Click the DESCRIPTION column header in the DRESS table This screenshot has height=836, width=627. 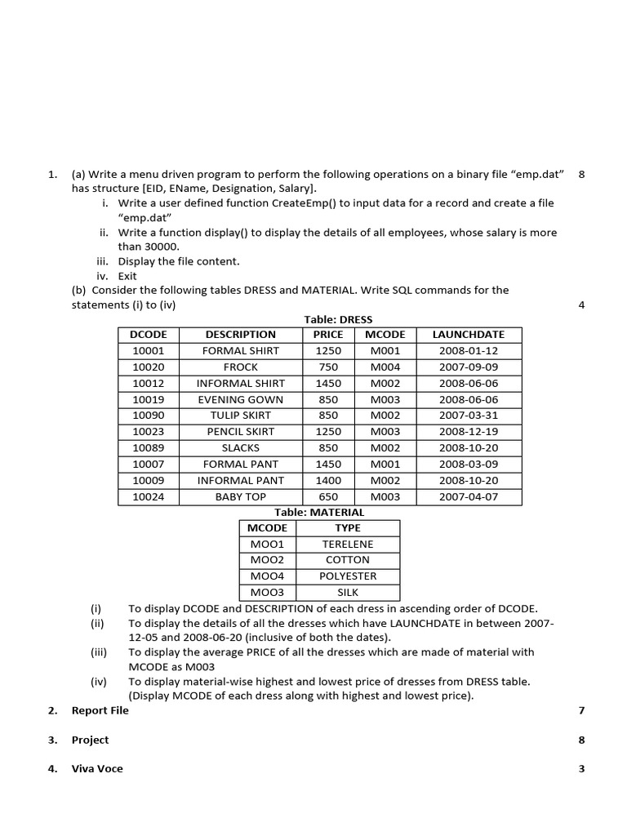240,335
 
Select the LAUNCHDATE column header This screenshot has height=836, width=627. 468,335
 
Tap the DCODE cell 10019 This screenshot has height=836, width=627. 148,399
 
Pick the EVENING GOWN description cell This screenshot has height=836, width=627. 240,399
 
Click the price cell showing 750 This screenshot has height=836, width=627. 328,367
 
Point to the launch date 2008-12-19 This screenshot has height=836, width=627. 468,432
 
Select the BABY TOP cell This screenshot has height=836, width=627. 240,496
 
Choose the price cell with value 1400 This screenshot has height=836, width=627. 328,480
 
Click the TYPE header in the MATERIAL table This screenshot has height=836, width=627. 348,528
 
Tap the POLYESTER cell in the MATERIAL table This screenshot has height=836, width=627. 348,576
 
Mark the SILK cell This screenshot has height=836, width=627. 348,593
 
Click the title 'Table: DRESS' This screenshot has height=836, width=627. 338,319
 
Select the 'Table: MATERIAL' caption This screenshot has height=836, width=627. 319,513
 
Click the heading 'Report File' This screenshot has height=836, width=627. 100,710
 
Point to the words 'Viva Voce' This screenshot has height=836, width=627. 97,769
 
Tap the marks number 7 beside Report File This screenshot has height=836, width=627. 581,710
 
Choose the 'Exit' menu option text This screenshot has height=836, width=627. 127,276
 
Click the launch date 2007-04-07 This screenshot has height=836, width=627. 468,496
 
